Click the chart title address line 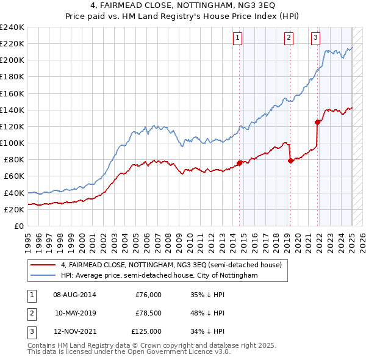[183, 6]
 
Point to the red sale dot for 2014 [240, 162]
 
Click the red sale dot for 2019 [290, 160]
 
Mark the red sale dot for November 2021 [318, 122]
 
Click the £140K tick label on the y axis [12, 110]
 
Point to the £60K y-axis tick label [14, 176]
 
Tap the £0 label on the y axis [20, 226]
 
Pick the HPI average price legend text [159, 276]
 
